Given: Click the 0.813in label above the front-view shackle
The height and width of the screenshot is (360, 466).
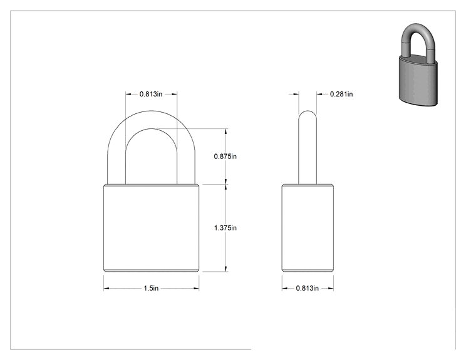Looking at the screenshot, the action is [x=151, y=94].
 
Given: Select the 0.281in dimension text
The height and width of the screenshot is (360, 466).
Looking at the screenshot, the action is [x=341, y=94].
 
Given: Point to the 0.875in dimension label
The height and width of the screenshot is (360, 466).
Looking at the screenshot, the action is [x=225, y=157].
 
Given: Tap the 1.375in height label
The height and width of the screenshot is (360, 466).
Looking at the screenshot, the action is [x=225, y=228].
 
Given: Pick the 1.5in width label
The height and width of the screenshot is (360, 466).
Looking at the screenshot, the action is [x=151, y=289].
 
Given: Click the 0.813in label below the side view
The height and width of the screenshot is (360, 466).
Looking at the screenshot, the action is [x=308, y=289].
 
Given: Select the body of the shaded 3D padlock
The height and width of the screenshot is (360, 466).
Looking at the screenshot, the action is [x=418, y=81].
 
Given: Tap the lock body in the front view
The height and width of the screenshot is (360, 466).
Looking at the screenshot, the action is [x=152, y=228].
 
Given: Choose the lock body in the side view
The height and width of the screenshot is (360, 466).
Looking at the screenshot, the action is [x=308, y=228].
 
